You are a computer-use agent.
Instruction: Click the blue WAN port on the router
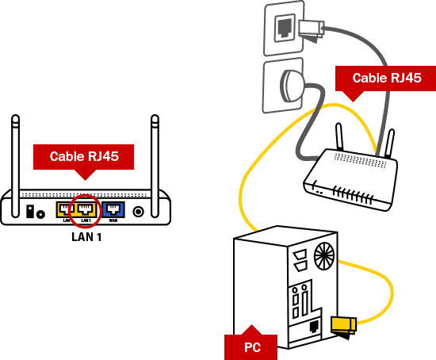tap(113, 210)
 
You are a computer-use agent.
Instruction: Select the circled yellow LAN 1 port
tap(85, 210)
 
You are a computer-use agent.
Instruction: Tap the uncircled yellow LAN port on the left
tap(63, 210)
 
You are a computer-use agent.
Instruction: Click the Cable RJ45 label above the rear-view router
tap(83, 157)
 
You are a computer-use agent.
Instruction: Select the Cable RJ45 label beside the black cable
tap(384, 78)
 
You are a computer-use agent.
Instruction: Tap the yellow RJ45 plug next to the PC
tap(343, 324)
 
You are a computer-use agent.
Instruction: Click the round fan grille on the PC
tap(323, 255)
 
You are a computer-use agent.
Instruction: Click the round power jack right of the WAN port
tap(140, 212)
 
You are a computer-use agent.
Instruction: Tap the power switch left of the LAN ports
tap(31, 212)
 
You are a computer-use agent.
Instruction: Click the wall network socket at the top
tap(283, 28)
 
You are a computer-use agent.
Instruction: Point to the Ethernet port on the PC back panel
tap(315, 326)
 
